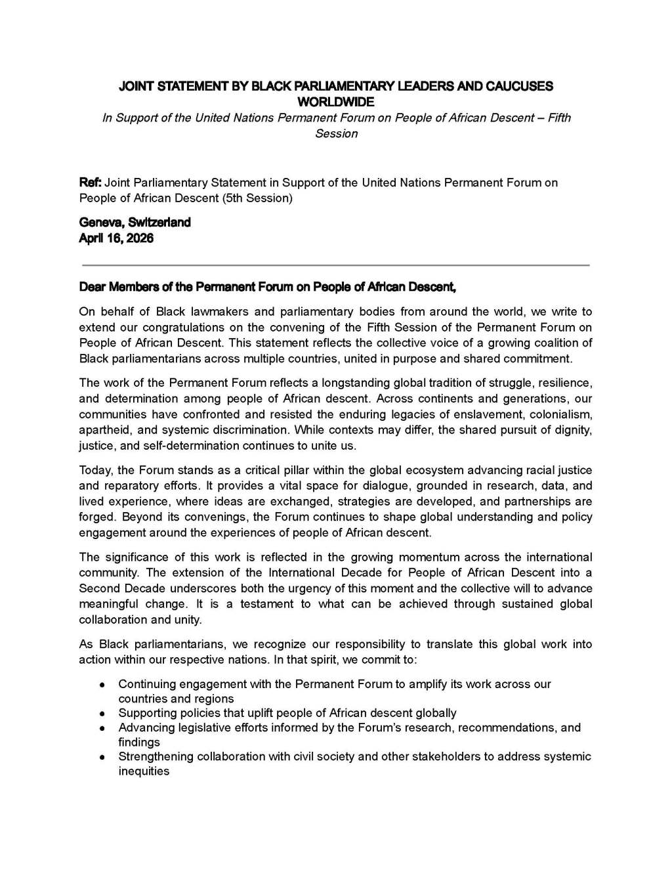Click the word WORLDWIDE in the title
(x=336, y=102)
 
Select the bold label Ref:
(x=91, y=183)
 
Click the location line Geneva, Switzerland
(x=135, y=223)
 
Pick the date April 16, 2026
(x=116, y=238)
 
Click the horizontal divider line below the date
(x=335, y=265)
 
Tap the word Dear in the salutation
(x=93, y=287)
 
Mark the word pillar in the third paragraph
(x=299, y=470)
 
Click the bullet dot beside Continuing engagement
(x=102, y=685)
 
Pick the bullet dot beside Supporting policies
(x=102, y=713)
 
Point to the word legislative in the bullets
(x=205, y=728)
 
